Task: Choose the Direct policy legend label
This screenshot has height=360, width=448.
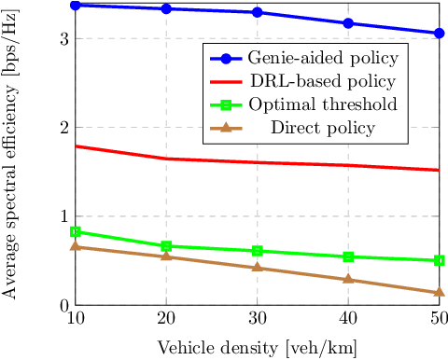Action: click(x=323, y=128)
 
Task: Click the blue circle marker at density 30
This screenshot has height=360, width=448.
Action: click(x=258, y=12)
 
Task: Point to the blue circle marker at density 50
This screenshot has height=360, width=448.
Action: click(x=440, y=33)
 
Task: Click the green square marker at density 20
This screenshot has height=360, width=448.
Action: click(x=166, y=246)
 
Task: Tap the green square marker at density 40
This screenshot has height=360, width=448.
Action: click(x=348, y=256)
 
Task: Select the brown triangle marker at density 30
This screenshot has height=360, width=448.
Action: click(x=258, y=268)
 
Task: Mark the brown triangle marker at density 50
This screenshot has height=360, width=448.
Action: click(x=440, y=292)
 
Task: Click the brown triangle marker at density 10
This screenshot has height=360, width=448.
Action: click(x=75, y=246)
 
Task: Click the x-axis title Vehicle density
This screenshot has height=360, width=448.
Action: click(x=257, y=347)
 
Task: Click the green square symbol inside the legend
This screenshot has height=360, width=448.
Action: click(x=224, y=104)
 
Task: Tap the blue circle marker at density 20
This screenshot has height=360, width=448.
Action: click(x=166, y=8)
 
